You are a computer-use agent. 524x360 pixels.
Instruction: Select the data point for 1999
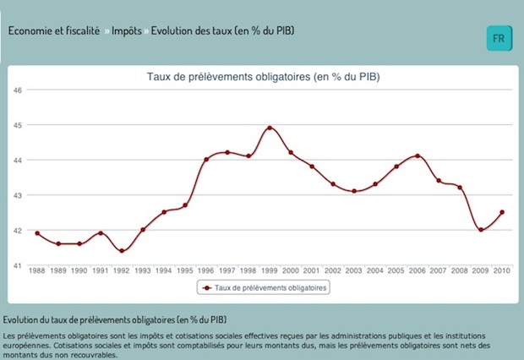270,128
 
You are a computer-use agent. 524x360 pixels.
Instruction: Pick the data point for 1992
122,251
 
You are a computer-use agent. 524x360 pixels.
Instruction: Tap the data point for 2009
481,230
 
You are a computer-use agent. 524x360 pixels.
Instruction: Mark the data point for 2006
418,155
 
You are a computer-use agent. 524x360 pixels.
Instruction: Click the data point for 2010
502,212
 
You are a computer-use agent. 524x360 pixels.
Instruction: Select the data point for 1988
37,233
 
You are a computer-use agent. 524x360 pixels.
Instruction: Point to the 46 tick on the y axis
16,90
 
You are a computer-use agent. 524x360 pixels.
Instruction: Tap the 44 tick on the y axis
16,160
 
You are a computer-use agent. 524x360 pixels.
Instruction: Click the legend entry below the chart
264,287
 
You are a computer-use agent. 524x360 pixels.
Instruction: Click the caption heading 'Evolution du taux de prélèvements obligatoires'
114,320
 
